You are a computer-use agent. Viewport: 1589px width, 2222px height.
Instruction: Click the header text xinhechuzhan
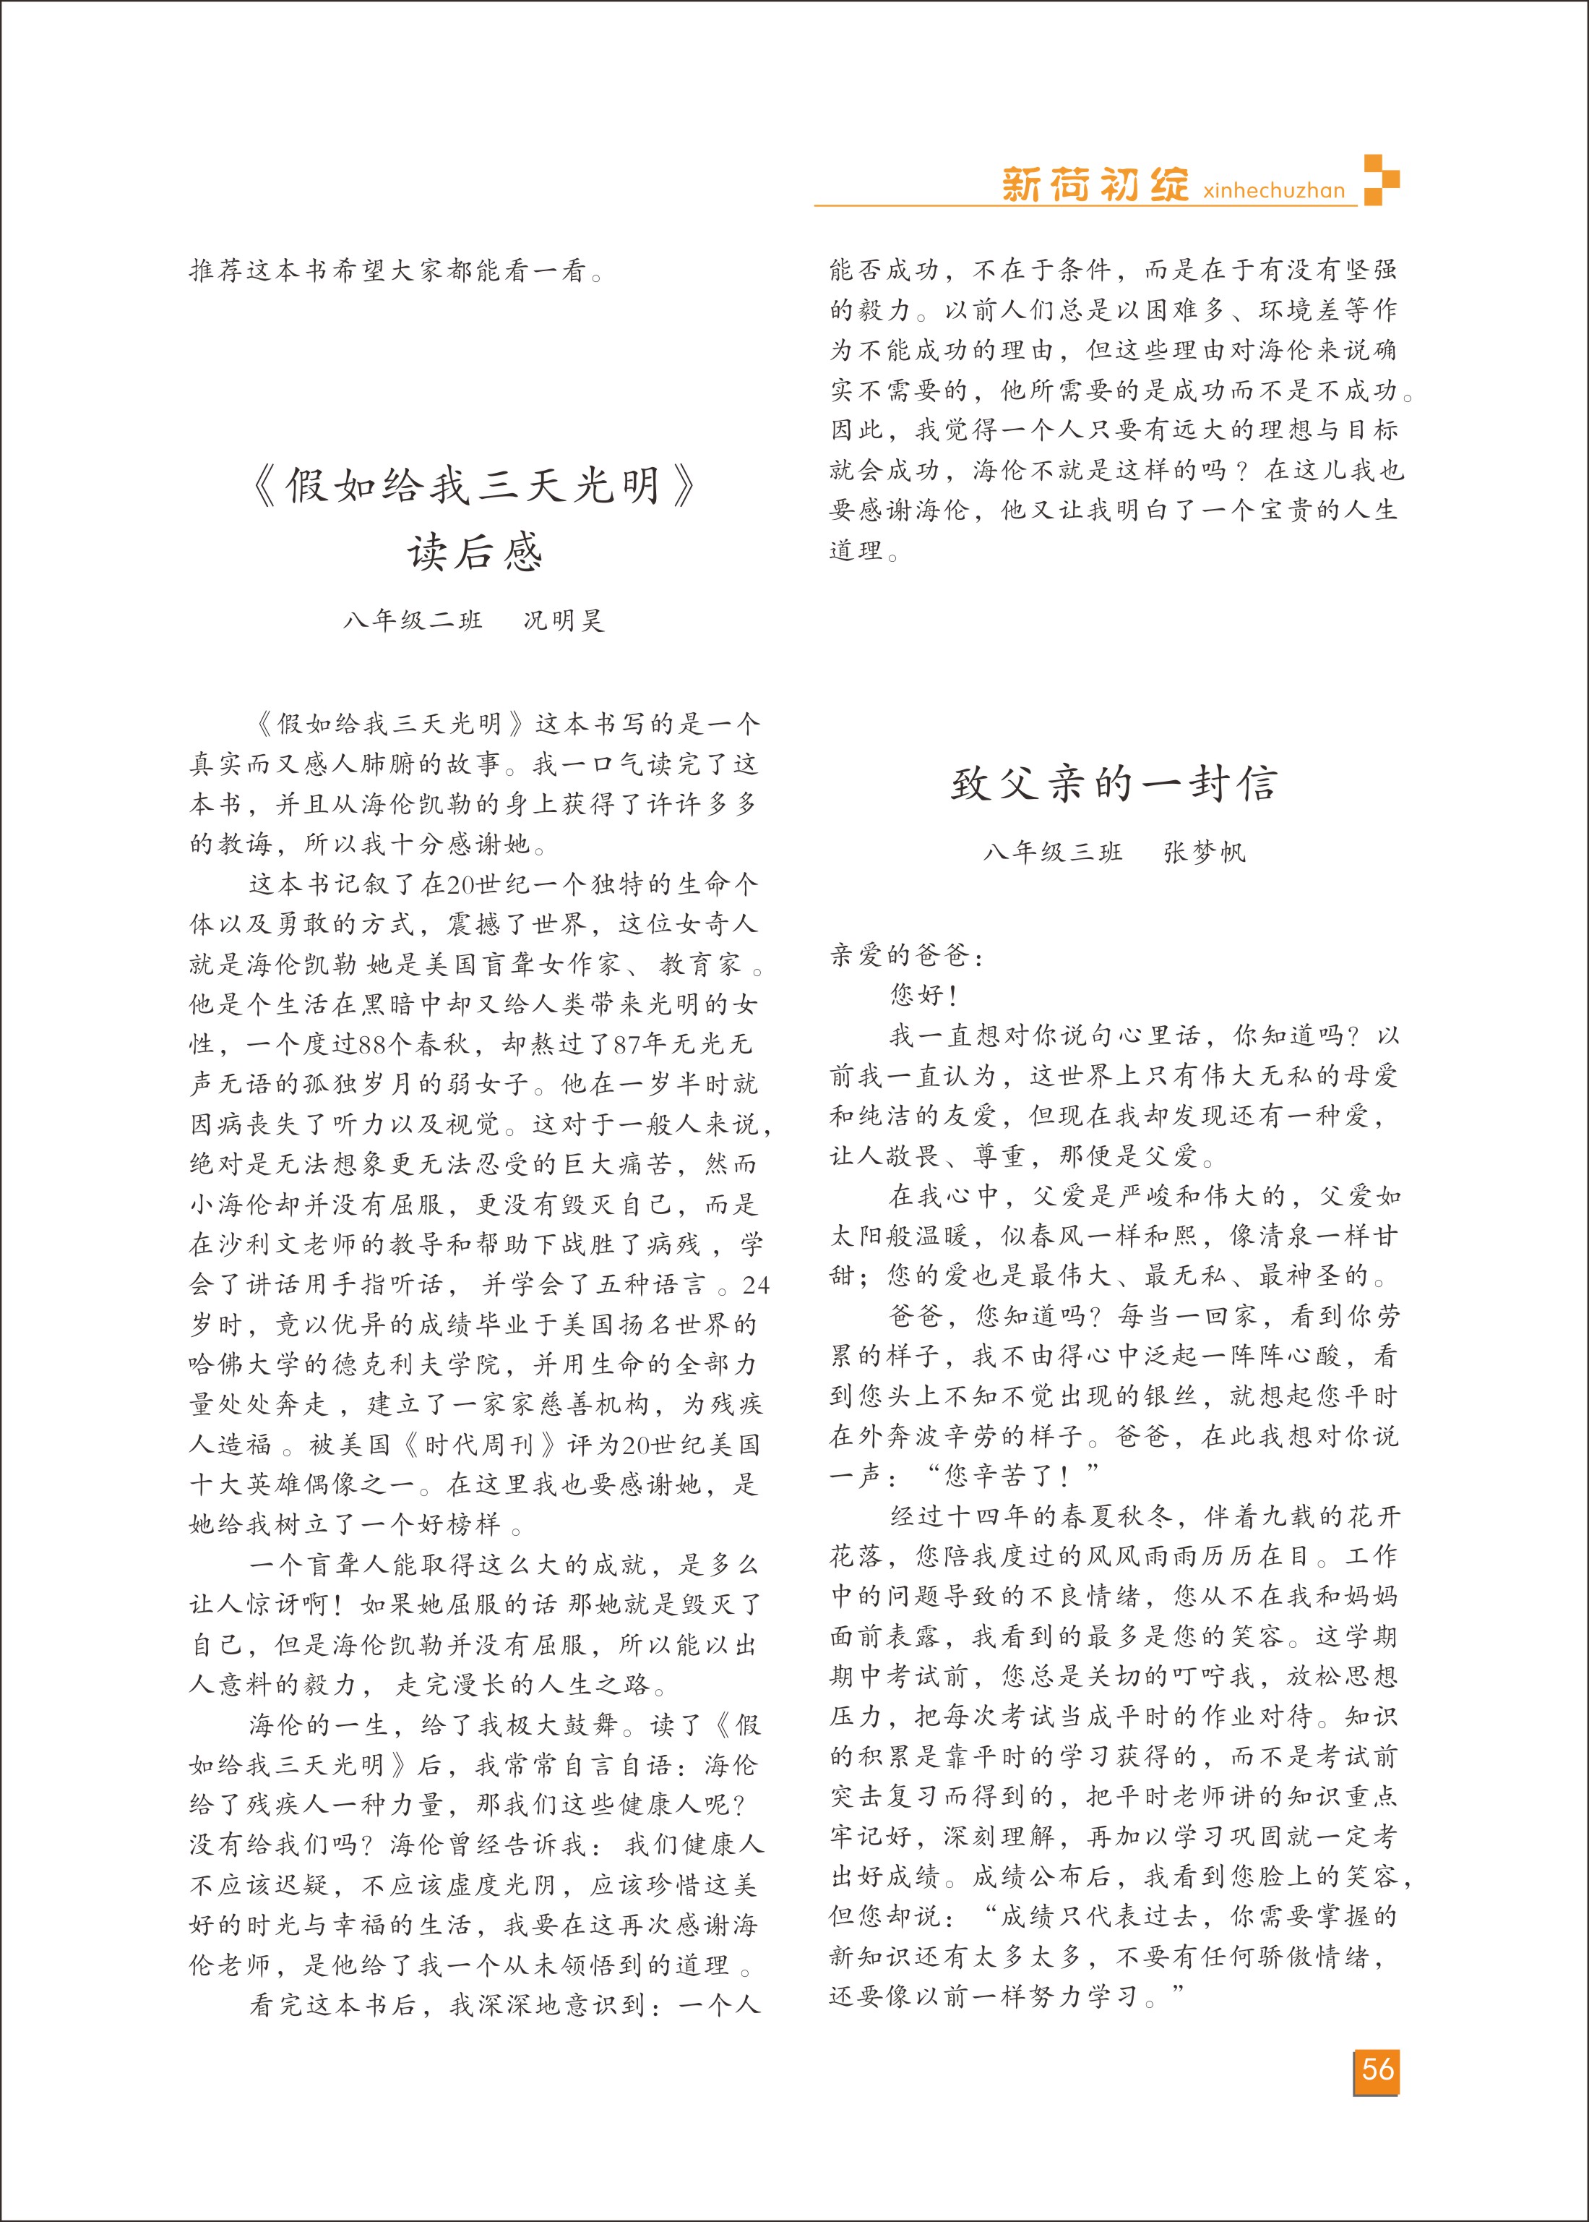1274,191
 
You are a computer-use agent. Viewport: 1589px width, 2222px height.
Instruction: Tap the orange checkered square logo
1381,179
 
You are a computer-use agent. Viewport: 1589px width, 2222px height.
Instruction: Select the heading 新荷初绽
1095,184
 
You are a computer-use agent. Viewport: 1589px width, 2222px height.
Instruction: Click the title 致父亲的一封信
1114,785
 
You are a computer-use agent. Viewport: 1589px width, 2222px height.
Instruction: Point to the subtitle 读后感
475,553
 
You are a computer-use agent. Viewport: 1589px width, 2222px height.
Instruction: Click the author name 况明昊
564,620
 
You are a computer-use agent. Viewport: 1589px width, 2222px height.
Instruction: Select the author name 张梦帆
1205,853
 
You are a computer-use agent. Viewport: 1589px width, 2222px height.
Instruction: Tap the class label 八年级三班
1053,853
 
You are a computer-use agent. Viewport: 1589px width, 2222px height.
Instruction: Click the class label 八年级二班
413,620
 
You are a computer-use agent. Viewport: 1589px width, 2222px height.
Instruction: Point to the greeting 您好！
923,996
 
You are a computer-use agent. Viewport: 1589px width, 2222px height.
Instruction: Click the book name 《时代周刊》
478,1445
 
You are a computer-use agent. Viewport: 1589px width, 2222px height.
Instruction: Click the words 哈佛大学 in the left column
245,1364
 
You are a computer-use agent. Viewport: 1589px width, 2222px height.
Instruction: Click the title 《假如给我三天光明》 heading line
475,485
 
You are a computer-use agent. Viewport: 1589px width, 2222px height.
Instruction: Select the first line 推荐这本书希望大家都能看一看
396,271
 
